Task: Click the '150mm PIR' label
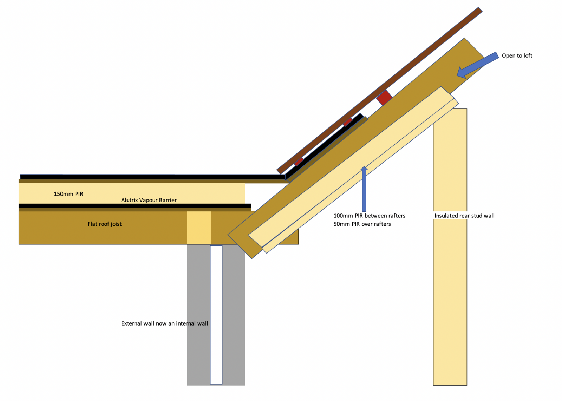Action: pyautogui.click(x=68, y=194)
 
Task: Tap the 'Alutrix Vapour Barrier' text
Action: pyautogui.click(x=149, y=200)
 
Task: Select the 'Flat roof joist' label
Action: pyautogui.click(x=104, y=224)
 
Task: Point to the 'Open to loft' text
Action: pyautogui.click(x=517, y=56)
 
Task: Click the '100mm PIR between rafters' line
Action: pyautogui.click(x=369, y=216)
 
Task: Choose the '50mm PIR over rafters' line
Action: pyautogui.click(x=362, y=224)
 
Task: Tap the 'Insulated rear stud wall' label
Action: pyautogui.click(x=464, y=216)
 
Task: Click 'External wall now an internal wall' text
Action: pyautogui.click(x=165, y=323)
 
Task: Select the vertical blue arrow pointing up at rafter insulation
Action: pyautogui.click(x=364, y=189)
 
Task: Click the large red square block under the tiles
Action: pyautogui.click(x=384, y=98)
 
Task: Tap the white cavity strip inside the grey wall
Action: pyautogui.click(x=216, y=315)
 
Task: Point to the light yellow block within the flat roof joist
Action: pyautogui.click(x=199, y=228)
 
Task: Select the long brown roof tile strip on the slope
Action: pyautogui.click(x=379, y=91)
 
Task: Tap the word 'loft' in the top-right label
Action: pyautogui.click(x=527, y=56)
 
